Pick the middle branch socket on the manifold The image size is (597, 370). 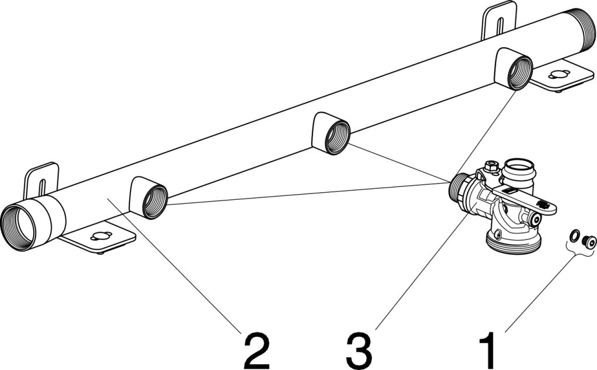click(336, 136)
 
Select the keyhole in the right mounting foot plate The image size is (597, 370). click(559, 75)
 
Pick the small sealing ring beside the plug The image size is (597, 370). click(575, 235)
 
